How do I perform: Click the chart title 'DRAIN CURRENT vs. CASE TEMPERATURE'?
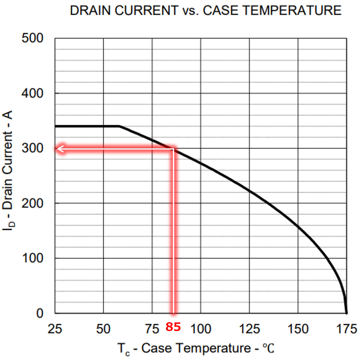[206, 11]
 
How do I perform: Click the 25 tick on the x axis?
[55, 329]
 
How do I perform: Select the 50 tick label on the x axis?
[103, 329]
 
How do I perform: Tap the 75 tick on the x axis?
[152, 329]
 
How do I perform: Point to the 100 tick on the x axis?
[200, 329]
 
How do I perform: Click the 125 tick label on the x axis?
[249, 329]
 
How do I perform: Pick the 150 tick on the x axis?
[298, 329]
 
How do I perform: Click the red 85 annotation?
[173, 327]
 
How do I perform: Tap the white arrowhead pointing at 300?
[60, 149]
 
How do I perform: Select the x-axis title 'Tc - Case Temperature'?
[196, 349]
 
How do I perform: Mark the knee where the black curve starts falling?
[119, 126]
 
